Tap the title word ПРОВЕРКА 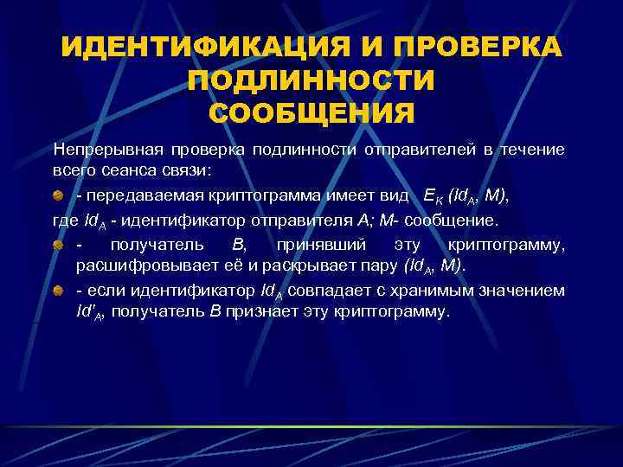475,48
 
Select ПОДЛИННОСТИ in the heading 311,81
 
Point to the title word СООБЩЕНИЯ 311,113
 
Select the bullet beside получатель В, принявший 57,246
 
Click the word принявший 323,245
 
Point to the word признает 256,310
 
